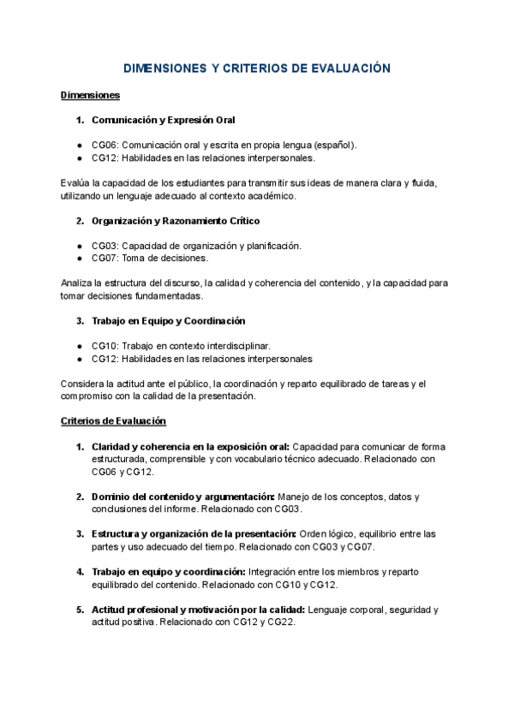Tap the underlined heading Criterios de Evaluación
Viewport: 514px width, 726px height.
[114, 420]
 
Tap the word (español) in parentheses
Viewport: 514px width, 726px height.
[329, 146]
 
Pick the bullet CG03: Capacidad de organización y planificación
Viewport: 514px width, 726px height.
[196, 246]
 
